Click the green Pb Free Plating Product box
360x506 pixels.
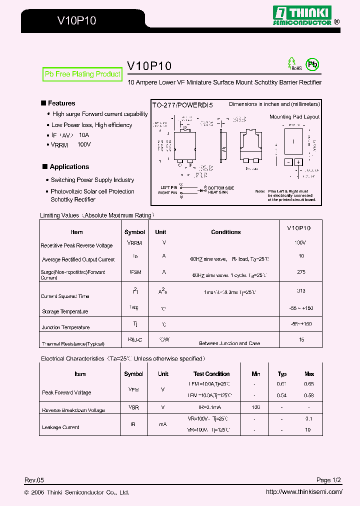pos(82,74)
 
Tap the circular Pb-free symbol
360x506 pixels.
pos(312,64)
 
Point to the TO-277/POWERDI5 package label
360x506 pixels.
pos(182,105)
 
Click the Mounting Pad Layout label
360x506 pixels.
pos(294,116)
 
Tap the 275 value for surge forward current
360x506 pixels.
pos(301,272)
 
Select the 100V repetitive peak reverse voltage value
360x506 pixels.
pos(300,242)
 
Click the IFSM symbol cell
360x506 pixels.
pos(134,272)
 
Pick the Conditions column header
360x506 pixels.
pos(226,232)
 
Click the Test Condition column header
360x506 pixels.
pos(211,374)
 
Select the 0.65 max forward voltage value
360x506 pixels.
pos(308,384)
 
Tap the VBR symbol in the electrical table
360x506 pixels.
pos(133,407)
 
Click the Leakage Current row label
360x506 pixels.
pos(60,427)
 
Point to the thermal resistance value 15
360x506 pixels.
pos(301,340)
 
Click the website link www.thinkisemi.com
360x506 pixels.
pos(304,492)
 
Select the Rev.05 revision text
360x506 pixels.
pos(34,480)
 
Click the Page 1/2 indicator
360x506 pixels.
pos(328,480)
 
